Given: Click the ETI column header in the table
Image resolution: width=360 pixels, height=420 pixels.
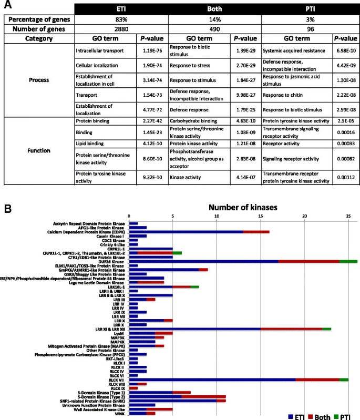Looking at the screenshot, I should [121, 9].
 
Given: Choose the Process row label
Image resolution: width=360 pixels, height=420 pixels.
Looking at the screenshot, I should [39, 80].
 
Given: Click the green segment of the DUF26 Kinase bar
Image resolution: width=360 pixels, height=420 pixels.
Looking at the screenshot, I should [348, 260].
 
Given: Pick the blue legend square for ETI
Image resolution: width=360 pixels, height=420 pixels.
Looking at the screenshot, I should [293, 415].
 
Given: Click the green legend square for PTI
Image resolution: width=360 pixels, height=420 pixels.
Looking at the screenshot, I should [338, 415].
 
